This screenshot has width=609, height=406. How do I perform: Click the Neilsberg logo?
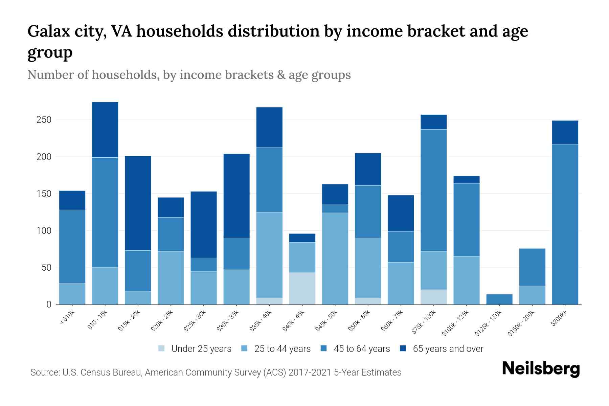click(x=541, y=368)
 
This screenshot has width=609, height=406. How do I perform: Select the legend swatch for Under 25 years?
click(x=162, y=348)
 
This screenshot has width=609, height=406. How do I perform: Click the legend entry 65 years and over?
click(x=448, y=349)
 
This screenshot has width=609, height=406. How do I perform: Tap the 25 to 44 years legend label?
click(x=282, y=349)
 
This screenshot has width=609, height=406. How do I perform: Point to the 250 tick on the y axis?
click(x=44, y=120)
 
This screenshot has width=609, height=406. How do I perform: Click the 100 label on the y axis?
click(x=44, y=231)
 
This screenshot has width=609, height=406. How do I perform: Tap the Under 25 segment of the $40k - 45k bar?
click(x=302, y=288)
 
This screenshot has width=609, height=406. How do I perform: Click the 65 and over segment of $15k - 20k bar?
click(x=138, y=203)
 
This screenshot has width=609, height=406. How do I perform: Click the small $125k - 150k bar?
click(x=499, y=299)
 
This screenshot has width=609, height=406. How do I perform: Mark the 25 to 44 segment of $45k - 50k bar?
click(x=335, y=258)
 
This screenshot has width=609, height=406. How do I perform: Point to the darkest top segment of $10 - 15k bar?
click(x=105, y=130)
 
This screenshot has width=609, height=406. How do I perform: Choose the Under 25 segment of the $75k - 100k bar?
click(x=433, y=297)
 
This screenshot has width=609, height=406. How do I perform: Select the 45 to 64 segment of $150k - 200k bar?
click(x=532, y=267)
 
